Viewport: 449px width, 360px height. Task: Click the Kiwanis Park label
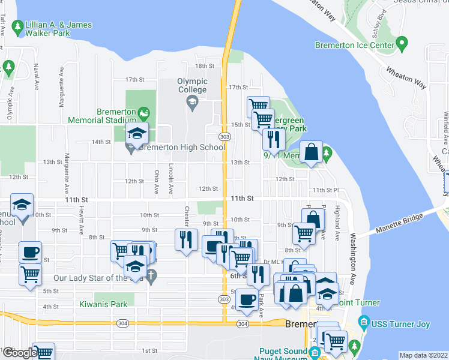(x=103, y=304)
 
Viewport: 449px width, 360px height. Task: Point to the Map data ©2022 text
(x=423, y=355)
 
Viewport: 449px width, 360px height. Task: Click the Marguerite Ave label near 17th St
(x=61, y=86)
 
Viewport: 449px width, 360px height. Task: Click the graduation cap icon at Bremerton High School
(x=137, y=136)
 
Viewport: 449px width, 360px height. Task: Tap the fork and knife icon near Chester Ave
(x=185, y=239)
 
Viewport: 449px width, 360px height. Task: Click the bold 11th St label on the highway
(x=242, y=198)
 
